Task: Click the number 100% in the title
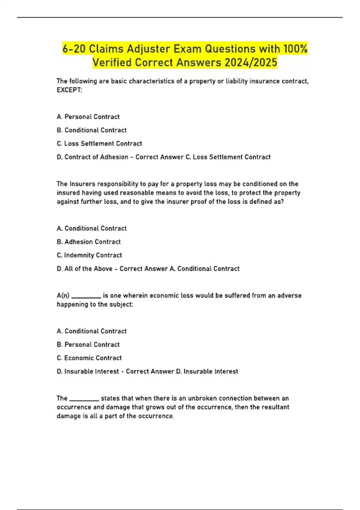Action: (x=295, y=49)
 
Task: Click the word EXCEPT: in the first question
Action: (x=69, y=90)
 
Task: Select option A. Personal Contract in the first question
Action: (x=88, y=117)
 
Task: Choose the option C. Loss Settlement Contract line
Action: (x=99, y=144)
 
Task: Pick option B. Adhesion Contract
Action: (x=88, y=242)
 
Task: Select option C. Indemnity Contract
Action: (x=89, y=255)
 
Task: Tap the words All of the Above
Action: (x=88, y=269)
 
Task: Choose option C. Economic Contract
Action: (x=89, y=358)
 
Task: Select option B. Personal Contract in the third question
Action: (x=88, y=344)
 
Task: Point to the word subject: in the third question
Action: (x=121, y=304)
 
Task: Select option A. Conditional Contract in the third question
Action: (x=91, y=331)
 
